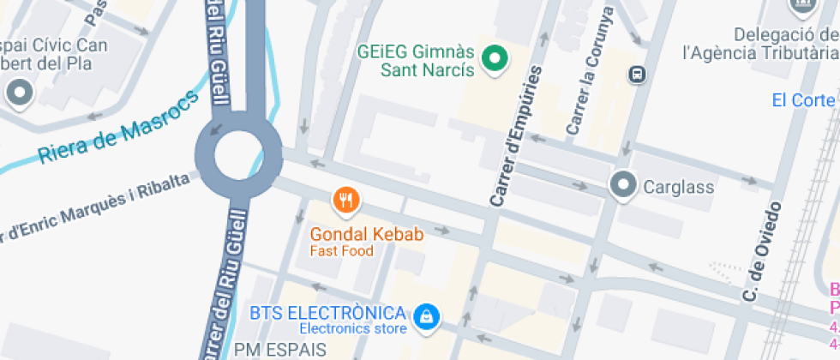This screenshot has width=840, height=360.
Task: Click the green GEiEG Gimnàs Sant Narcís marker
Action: pyautogui.click(x=494, y=59)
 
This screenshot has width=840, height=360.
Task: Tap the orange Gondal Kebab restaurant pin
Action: pyautogui.click(x=345, y=201)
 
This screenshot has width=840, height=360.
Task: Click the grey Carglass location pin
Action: pyautogui.click(x=622, y=184)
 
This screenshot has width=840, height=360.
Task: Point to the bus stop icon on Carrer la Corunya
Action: pyautogui.click(x=638, y=74)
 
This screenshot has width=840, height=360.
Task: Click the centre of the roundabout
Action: pyautogui.click(x=237, y=156)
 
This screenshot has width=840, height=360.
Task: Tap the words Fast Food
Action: pyautogui.click(x=342, y=251)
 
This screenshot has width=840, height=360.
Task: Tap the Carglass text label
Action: pyautogui.click(x=679, y=186)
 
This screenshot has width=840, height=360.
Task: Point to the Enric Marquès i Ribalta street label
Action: pyautogui.click(x=94, y=205)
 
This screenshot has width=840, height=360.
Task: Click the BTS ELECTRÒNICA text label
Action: pyautogui.click(x=327, y=312)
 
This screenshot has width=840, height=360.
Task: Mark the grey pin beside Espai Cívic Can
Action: pyautogui.click(x=19, y=91)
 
